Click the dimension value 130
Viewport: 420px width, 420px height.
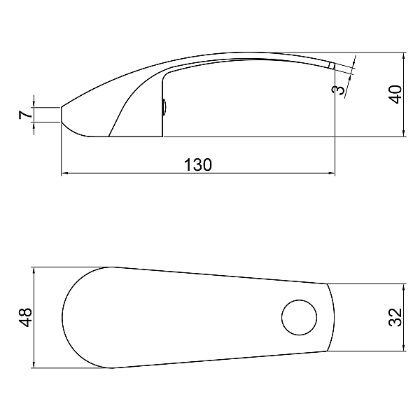pyautogui.click(x=198, y=164)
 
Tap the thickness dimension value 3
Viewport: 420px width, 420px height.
pyautogui.click(x=340, y=89)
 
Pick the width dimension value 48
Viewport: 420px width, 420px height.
pyautogui.click(x=26, y=317)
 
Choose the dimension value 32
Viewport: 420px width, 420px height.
pyautogui.click(x=396, y=317)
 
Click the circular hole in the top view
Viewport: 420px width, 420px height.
pyautogui.click(x=299, y=318)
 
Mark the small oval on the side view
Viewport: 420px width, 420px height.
pyautogui.click(x=164, y=107)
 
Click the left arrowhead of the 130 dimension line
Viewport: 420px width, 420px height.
pyautogui.click(x=64, y=172)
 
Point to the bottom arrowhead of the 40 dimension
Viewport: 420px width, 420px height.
pyautogui.click(x=405, y=134)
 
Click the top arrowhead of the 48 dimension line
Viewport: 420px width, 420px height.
pyautogui.click(x=34, y=269)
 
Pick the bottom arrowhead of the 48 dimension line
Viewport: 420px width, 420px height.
pyautogui.click(x=34, y=365)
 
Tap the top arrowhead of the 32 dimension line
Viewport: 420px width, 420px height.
pyautogui.click(x=405, y=286)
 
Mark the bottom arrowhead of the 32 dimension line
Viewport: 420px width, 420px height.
pyautogui.click(x=405, y=349)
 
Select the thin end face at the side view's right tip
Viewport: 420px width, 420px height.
pyautogui.click(x=332, y=66)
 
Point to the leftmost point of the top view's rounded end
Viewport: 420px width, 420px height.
pyautogui.click(x=63, y=317)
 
